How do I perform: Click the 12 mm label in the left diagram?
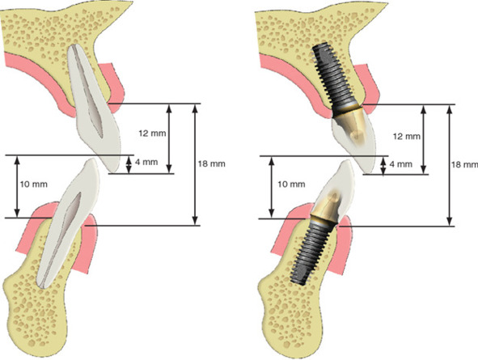click(x=152, y=133)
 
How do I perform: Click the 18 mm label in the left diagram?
click(x=212, y=163)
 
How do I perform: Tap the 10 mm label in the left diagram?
click(x=33, y=184)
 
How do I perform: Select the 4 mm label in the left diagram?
click(x=146, y=162)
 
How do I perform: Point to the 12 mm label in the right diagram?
click(x=407, y=136)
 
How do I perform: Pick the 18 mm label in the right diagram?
click(x=464, y=164)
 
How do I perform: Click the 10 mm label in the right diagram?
click(x=291, y=184)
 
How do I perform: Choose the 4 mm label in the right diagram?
click(x=401, y=164)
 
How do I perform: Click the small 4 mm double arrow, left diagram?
click(x=129, y=165)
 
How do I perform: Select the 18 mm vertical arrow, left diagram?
click(x=196, y=164)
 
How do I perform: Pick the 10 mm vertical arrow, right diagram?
click(x=272, y=188)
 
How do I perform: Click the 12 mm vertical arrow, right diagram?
click(x=423, y=140)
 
